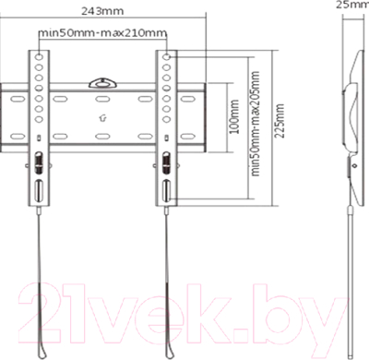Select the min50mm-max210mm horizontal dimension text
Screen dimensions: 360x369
click(x=103, y=34)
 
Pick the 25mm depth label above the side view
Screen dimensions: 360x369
click(x=351, y=6)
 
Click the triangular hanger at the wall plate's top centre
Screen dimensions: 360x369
click(x=102, y=81)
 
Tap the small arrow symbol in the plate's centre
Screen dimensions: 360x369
click(x=101, y=117)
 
